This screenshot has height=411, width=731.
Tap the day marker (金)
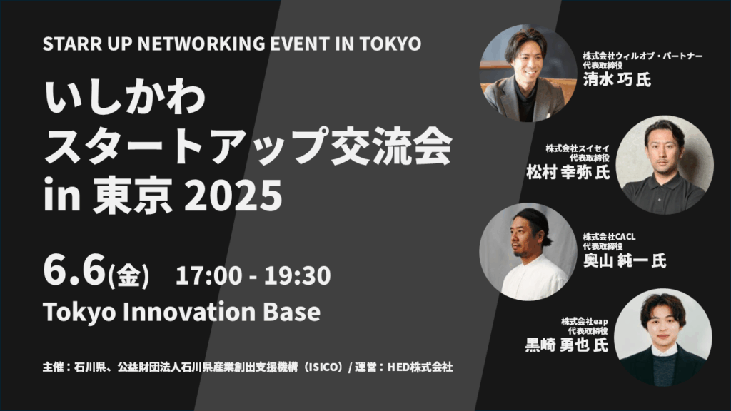(x=128, y=275)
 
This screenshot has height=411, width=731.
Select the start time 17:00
(x=209, y=275)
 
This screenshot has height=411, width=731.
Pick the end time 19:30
(x=298, y=275)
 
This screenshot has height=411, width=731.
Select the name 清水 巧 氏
(x=617, y=80)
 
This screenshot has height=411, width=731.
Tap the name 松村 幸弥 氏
(x=568, y=172)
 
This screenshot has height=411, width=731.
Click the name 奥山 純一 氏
(x=625, y=260)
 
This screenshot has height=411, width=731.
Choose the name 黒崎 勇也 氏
(x=566, y=345)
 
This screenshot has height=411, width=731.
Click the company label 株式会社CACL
(x=609, y=237)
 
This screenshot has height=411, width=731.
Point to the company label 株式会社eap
(x=585, y=322)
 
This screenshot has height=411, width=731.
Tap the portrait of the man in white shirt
(x=528, y=251)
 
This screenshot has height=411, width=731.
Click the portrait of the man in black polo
(x=665, y=165)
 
